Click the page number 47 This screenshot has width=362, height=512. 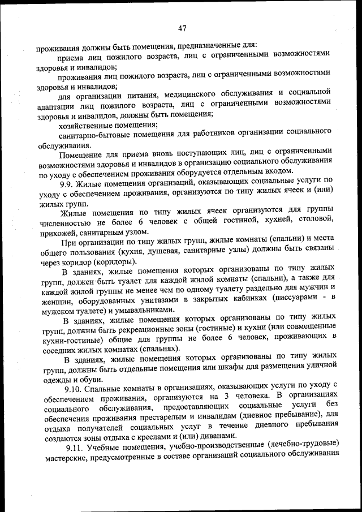(x=182, y=29)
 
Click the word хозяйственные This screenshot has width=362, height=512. (x=85, y=124)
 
